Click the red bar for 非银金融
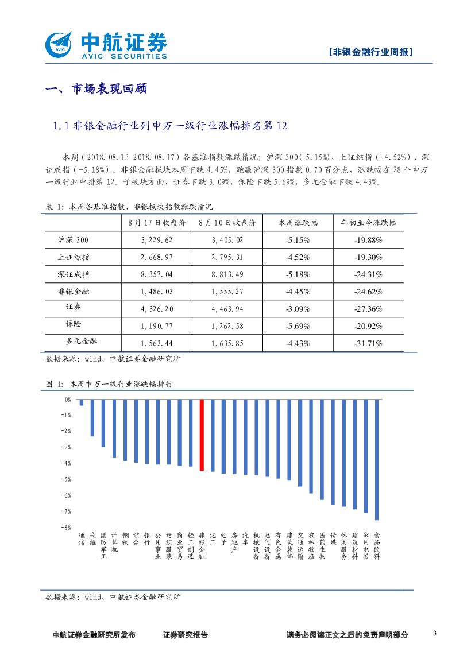(202, 435)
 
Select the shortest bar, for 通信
(82, 402)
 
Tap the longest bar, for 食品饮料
(377, 459)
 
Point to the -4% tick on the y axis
(67, 463)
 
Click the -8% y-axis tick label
(67, 527)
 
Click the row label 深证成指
(74, 274)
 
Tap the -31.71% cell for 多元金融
(368, 343)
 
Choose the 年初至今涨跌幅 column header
(368, 223)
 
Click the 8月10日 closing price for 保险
(227, 326)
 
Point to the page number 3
(434, 634)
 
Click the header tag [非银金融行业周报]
(372, 52)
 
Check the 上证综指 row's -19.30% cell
(368, 257)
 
